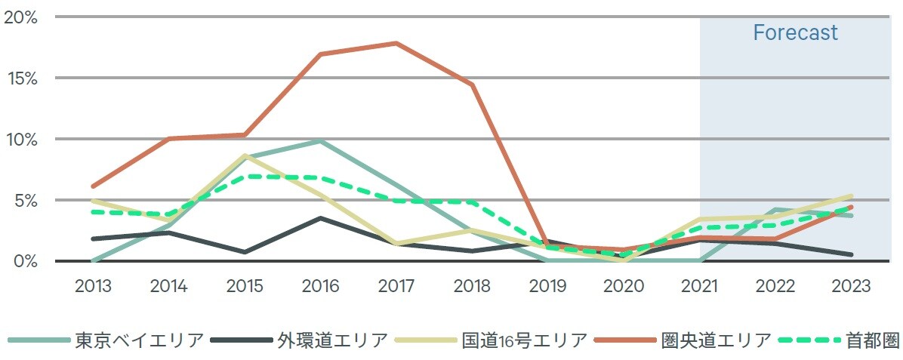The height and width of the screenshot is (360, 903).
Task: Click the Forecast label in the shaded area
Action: click(795, 33)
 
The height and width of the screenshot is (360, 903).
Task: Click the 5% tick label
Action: click(25, 200)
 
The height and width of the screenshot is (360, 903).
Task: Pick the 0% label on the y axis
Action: click(25, 261)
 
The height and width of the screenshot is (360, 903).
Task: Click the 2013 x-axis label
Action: click(93, 287)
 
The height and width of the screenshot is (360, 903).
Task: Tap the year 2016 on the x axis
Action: click(320, 287)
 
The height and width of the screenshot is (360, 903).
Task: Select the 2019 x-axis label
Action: click(548, 287)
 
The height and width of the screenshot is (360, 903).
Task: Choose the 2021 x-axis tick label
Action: click(700, 287)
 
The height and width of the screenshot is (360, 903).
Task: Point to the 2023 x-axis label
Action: click(852, 287)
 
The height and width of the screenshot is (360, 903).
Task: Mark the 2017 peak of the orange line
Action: click(396, 43)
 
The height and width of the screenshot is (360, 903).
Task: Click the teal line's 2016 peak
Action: click(320, 141)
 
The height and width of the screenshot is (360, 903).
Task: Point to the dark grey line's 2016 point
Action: click(320, 218)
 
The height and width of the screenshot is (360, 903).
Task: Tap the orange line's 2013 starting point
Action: click(93, 186)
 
